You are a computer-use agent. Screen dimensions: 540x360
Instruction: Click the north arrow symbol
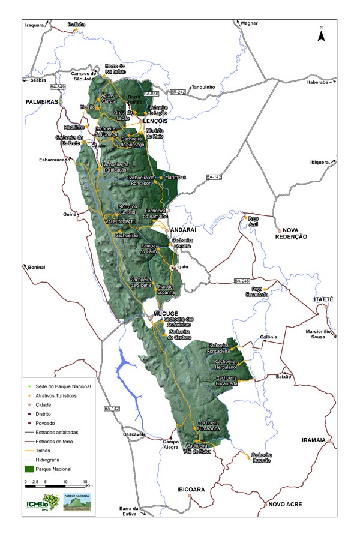click(322, 35)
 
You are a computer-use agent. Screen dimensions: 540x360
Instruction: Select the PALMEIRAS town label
click(41, 103)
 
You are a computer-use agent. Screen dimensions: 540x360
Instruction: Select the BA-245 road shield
click(241, 281)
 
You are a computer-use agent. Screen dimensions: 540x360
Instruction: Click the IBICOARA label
click(191, 490)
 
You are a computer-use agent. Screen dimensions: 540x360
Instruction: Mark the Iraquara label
click(35, 25)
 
